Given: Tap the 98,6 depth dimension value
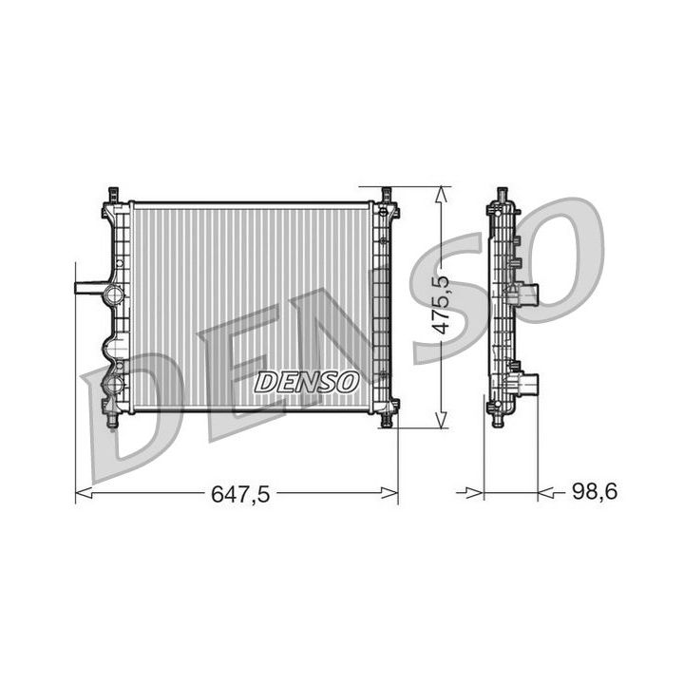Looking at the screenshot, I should coord(594,492).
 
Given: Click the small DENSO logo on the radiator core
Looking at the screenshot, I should coord(306,382).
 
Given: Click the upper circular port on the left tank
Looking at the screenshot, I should coord(114,294).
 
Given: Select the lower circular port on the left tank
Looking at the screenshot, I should coord(114,385).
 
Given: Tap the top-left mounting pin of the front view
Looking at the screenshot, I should coord(113,194).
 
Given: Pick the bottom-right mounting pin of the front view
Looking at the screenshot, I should coord(388,418).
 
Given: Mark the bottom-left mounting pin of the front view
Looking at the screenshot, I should coord(113,418).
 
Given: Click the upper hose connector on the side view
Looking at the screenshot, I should coord(526,294).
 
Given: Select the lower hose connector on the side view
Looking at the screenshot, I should coord(527,385).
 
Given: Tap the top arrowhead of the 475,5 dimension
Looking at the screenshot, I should coord(439,193).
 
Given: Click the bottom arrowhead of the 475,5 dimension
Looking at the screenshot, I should coord(439,421).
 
